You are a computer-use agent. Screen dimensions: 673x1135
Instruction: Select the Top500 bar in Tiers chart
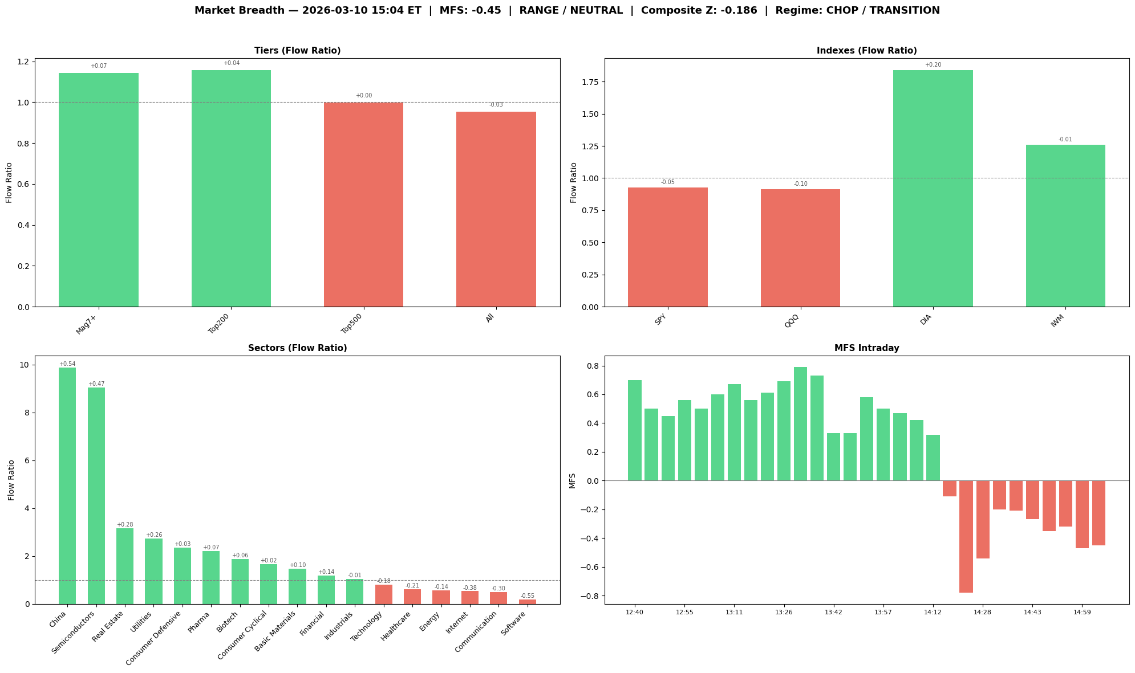click(363, 205)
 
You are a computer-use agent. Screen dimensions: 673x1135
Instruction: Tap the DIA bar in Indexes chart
click(933, 189)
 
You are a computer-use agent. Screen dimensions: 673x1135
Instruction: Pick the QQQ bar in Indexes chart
click(800, 248)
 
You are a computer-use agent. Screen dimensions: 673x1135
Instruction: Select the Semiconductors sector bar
click(96, 496)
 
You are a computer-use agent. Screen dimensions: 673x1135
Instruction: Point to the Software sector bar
click(527, 601)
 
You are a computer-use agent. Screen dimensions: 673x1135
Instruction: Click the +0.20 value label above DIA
click(933, 65)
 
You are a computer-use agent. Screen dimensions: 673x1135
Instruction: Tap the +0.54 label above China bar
click(67, 364)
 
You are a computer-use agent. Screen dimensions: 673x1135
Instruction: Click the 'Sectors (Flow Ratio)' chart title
click(297, 348)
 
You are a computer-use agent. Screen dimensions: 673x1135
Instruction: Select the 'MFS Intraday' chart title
click(866, 348)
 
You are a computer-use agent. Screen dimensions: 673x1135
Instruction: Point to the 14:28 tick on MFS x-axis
click(982, 613)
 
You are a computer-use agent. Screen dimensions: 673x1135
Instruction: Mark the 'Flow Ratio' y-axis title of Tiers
click(9, 182)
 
